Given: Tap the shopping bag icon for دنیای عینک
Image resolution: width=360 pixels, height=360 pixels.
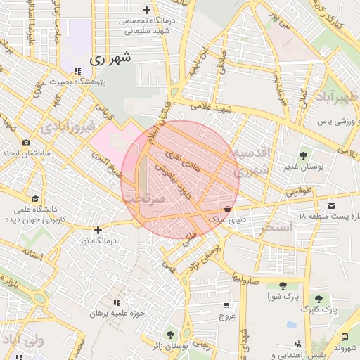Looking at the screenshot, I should click(227, 209).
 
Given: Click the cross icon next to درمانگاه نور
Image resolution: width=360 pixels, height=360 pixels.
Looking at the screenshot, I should click(98, 230).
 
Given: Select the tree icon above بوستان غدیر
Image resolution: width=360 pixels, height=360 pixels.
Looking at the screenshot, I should click(304, 155).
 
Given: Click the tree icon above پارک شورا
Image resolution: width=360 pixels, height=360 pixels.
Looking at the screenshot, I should click(282, 285).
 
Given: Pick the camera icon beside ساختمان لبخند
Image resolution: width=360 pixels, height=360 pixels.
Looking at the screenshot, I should click(26, 143).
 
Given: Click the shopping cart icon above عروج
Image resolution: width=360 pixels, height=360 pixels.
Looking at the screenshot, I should click(226, 305).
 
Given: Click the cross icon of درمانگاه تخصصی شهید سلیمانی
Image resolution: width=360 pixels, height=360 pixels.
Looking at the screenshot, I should click(146, 10).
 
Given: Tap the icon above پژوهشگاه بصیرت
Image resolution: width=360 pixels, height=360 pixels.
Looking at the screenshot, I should click(77, 71).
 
